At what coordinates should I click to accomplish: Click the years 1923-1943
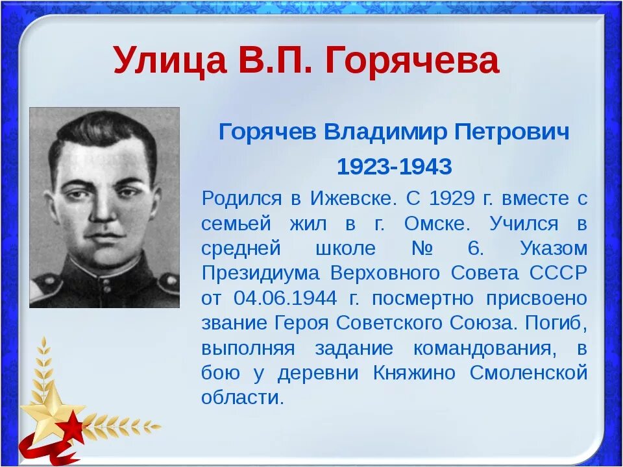[x=394, y=167]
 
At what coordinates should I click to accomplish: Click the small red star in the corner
[x=73, y=427]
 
